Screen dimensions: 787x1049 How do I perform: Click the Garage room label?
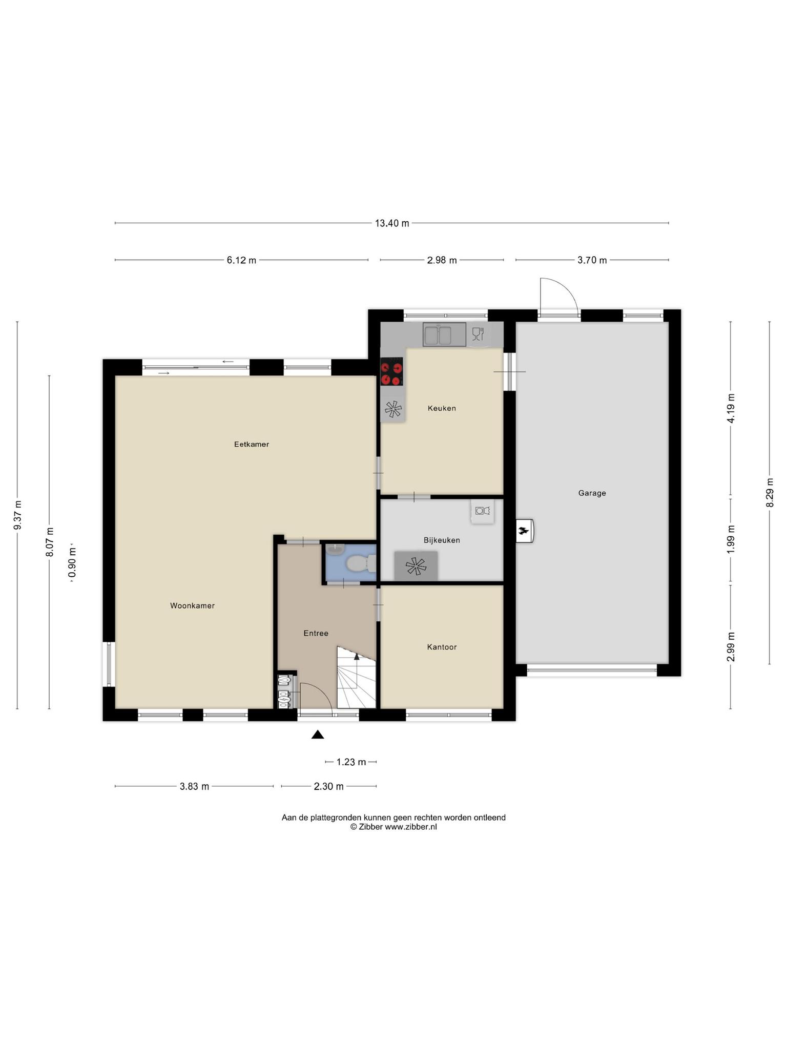pos(592,493)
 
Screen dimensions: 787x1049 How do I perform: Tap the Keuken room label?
pos(442,408)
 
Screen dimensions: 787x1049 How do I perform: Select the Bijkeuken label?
pos(442,540)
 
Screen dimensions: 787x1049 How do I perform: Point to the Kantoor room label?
pos(442,647)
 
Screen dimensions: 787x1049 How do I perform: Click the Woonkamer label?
pos(192,605)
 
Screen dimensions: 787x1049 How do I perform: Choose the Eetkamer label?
pos(252,444)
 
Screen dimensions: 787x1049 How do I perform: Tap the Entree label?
pos(316,633)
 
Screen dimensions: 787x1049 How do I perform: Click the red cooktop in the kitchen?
pos(391,371)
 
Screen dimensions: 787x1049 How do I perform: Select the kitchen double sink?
pos(444,334)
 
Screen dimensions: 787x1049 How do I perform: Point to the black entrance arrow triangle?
pos(318,735)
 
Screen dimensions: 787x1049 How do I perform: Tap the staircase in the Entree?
pos(356,677)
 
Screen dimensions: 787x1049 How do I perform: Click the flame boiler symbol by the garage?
pos(524,531)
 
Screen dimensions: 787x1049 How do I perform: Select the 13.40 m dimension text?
pos(392,223)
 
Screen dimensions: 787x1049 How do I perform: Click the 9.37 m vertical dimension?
pos(17,515)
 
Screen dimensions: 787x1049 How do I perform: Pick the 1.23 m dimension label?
pos(351,762)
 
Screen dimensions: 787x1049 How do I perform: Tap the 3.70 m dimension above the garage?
pos(592,260)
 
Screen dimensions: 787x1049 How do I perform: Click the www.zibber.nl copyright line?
pos(393,827)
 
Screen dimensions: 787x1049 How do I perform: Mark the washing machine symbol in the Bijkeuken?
pos(483,511)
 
